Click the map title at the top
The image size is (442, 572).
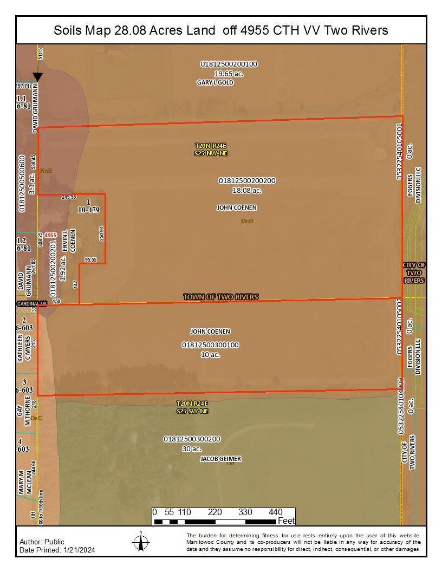pos(221,30)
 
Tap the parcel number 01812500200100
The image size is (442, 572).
pos(229,64)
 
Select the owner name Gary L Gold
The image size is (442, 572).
pos(214,83)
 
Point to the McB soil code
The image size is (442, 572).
pos(247,221)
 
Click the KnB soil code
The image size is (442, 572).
pos(46,171)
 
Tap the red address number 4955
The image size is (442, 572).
pos(51,236)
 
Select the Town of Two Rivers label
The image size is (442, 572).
pos(220,297)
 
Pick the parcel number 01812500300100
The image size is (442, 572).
pos(210,344)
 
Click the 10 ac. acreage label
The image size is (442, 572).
pos(210,354)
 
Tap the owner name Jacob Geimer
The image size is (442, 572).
pos(220,459)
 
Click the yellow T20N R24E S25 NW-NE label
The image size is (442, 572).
pos(211,149)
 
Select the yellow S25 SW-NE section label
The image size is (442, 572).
pos(192,411)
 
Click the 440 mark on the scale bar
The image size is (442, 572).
pos(276,512)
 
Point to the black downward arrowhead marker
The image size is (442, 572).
pos(37,77)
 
